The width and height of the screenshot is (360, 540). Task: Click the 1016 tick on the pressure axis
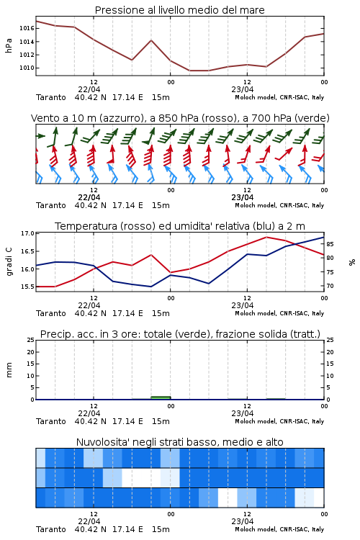pos(27,28)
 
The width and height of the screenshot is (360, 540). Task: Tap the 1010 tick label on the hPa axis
pos(27,68)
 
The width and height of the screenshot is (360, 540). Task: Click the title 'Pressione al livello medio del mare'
pos(180,10)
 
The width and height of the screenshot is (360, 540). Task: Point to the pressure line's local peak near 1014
pos(151,40)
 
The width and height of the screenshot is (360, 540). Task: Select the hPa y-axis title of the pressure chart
pos(9,45)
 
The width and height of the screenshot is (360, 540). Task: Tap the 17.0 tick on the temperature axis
pos(27,233)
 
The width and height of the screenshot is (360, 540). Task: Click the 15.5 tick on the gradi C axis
pos(27,287)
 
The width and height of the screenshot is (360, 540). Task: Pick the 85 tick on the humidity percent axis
pos(330,244)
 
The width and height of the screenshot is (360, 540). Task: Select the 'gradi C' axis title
pos(9,261)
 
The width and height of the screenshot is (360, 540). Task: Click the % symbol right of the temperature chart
pos(352,262)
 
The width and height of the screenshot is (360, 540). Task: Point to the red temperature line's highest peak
pos(266,237)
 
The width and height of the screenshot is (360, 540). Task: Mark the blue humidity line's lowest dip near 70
pos(151,287)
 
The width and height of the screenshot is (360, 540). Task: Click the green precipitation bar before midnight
pos(161,397)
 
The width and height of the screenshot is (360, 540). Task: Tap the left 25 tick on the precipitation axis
pos(31,340)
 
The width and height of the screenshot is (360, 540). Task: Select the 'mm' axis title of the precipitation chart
pos(9,370)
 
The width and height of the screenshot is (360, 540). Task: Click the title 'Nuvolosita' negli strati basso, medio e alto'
pos(180,442)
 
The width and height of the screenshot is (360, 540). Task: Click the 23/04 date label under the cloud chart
pos(243,521)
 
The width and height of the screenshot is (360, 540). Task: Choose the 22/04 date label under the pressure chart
pos(89,89)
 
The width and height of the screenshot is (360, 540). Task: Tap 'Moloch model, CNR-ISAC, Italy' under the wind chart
pos(279,205)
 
